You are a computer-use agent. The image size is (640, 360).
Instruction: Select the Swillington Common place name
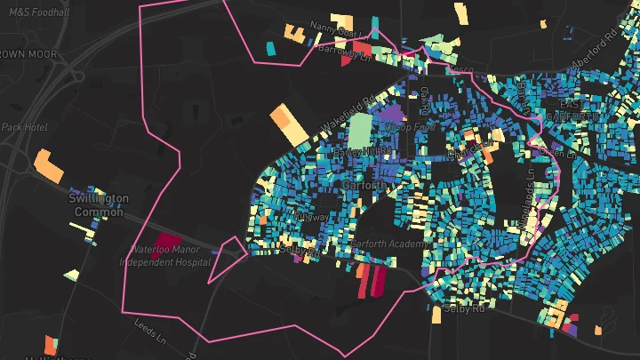(99, 205)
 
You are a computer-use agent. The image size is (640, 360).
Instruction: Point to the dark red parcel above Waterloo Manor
(166, 240)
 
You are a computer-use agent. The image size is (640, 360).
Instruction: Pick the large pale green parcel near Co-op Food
(360, 131)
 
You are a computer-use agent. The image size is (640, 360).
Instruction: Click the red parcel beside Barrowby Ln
(361, 48)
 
